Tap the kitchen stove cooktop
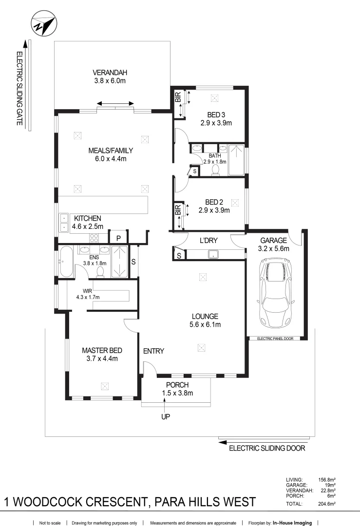pos(94,238)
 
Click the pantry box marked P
pos(118,238)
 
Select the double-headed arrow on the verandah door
pos(115,103)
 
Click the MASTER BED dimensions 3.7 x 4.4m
pos(102,358)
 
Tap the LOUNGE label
pos(205,316)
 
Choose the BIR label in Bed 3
pos(178,97)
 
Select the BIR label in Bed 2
pos(178,210)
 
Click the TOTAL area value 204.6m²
pos(326,504)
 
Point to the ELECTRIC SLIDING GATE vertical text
pos(20,89)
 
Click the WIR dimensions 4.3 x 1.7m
pos(88,297)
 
